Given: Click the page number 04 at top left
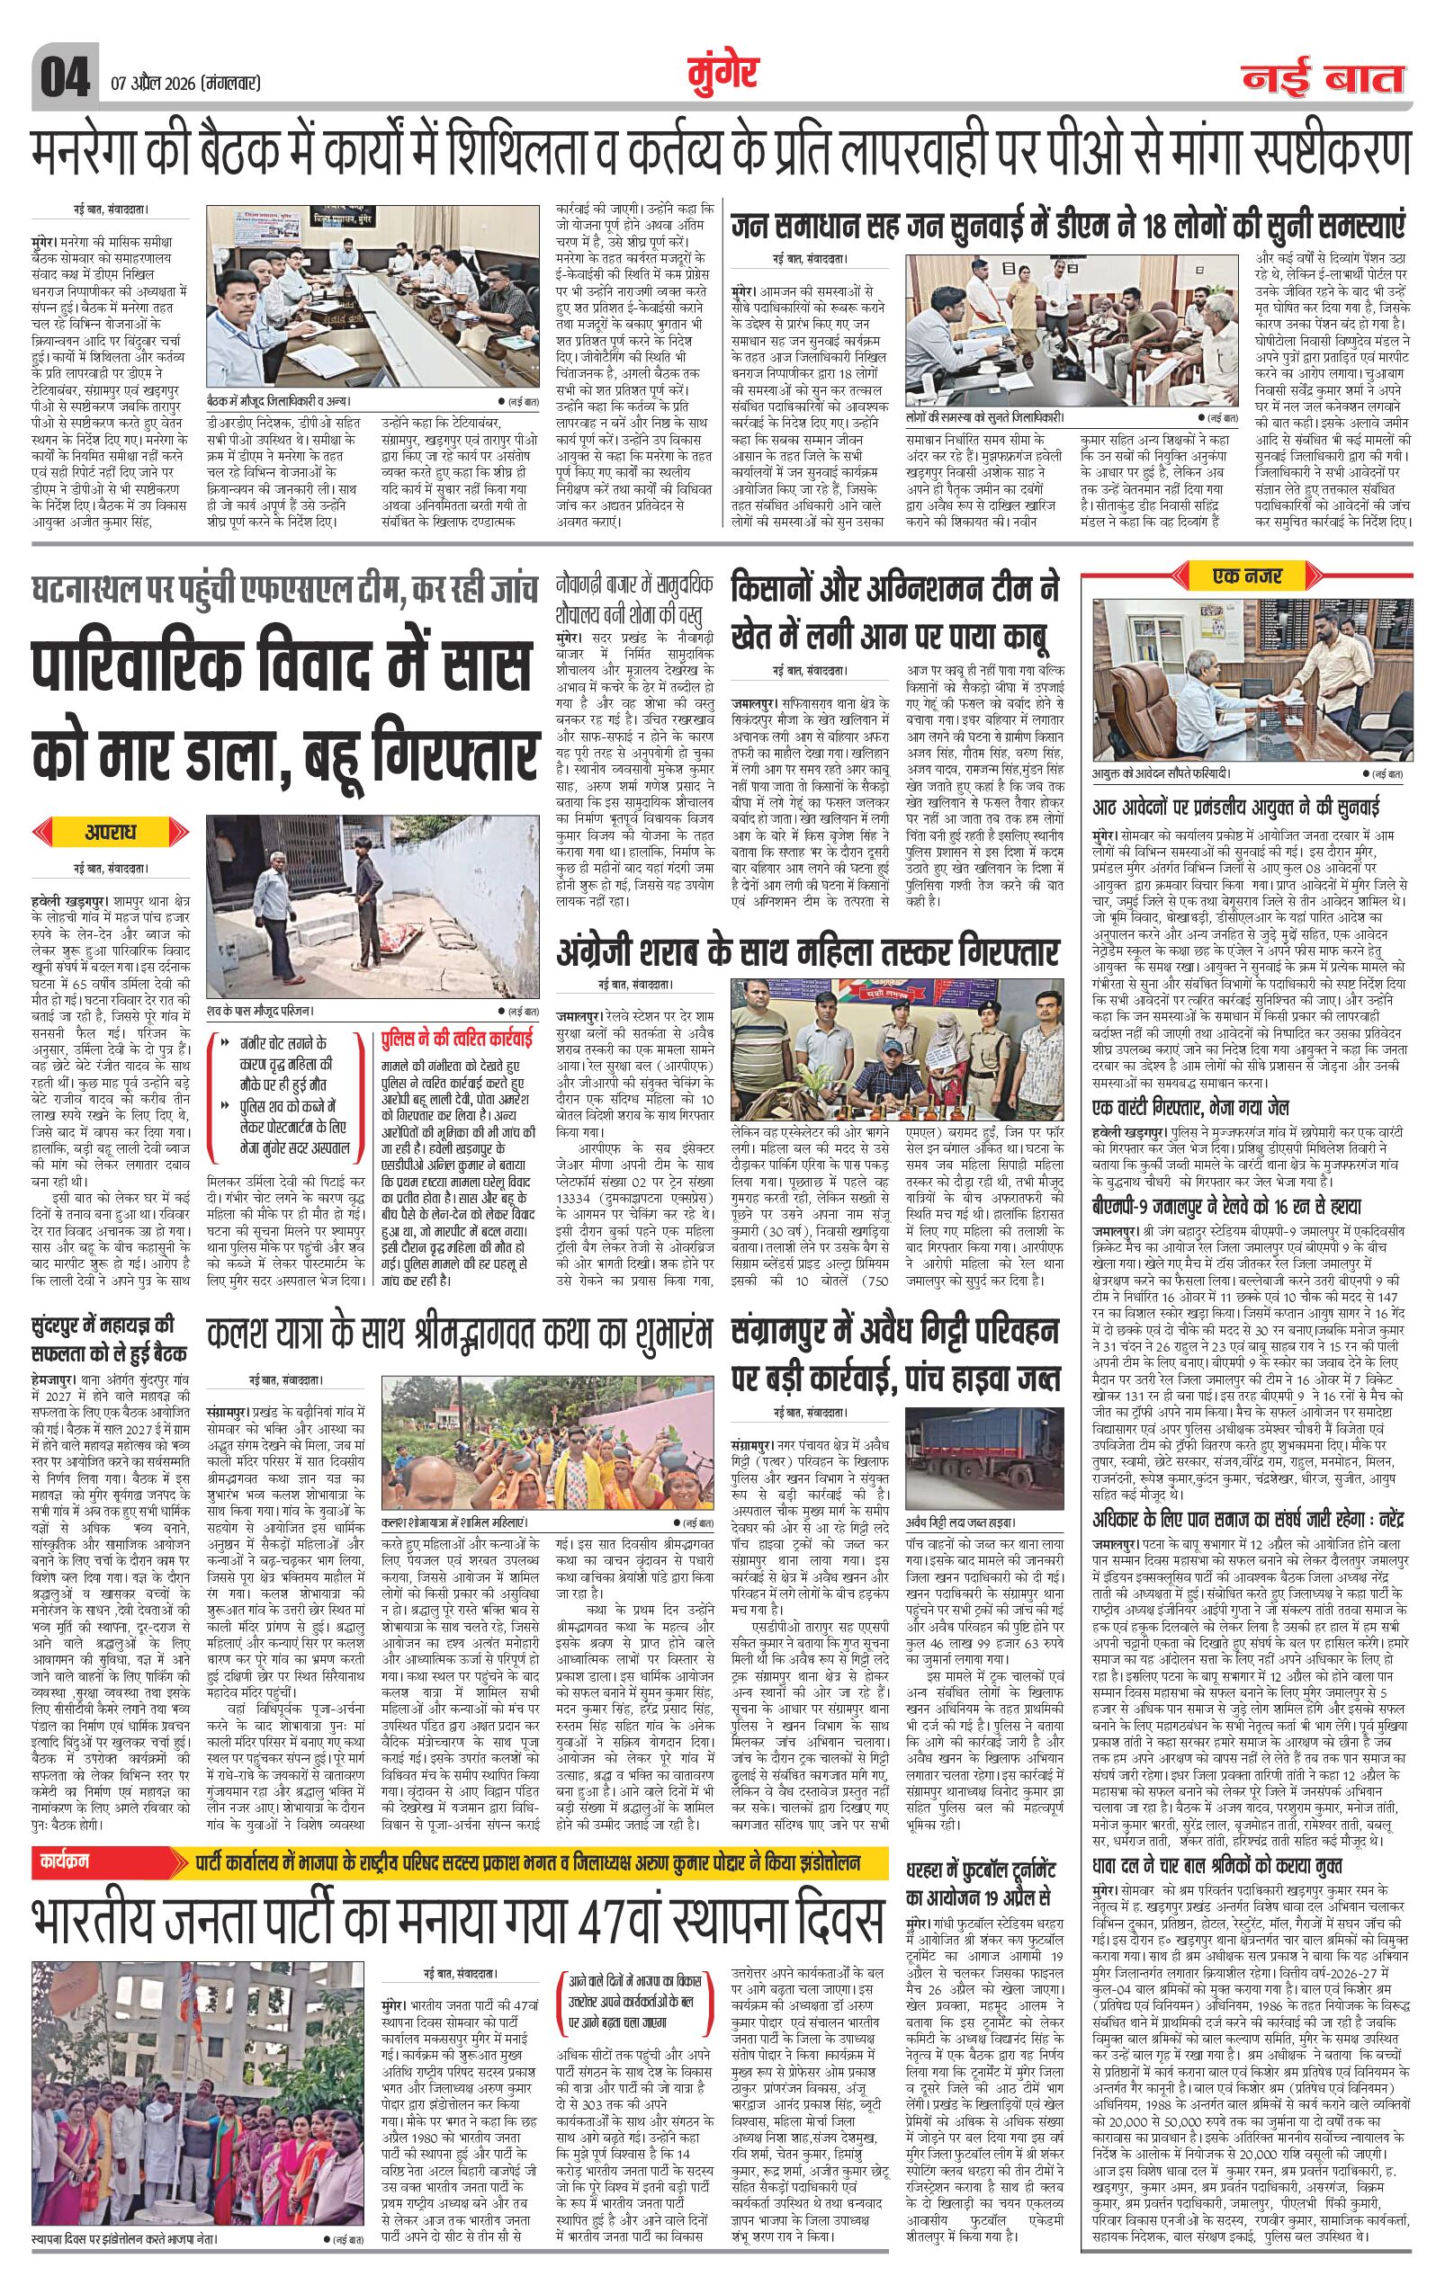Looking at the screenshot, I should [x=64, y=76].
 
